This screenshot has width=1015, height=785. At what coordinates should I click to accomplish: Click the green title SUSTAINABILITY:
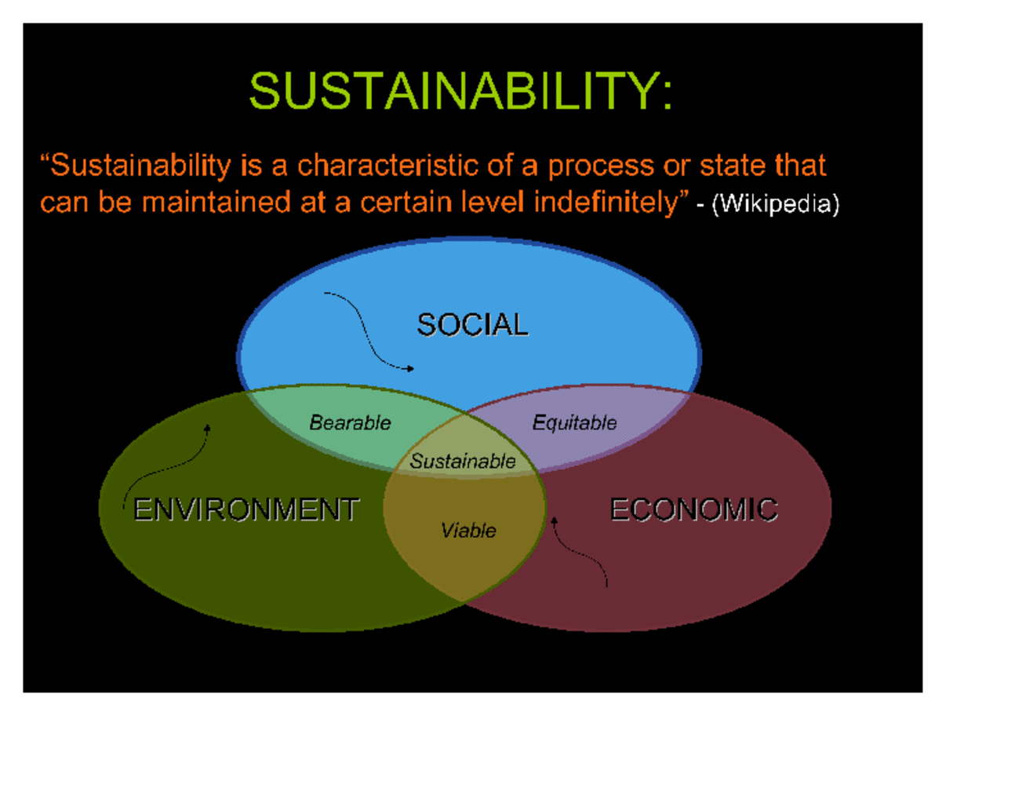tap(460, 91)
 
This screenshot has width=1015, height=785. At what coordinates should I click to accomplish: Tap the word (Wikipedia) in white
tap(776, 204)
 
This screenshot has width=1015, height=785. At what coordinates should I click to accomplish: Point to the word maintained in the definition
tap(216, 203)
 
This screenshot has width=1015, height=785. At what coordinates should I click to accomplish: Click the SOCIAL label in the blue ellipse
tap(472, 325)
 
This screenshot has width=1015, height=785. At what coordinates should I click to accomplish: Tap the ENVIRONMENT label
tap(246, 509)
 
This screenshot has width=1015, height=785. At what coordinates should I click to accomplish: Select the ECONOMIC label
tap(694, 509)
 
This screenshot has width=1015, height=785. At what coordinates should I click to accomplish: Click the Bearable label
tap(350, 422)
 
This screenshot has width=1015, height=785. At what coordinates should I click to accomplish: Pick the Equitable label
tap(574, 423)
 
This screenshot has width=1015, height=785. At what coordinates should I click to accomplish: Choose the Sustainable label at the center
tap(463, 462)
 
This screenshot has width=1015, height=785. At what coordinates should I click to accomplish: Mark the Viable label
tap(468, 531)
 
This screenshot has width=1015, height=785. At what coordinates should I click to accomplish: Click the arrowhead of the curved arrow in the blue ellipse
tap(410, 369)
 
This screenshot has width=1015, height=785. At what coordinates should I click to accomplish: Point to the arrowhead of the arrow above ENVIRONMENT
tap(208, 428)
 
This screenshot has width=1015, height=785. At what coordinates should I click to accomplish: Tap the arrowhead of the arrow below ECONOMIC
tap(555, 520)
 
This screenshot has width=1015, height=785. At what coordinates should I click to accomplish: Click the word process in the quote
tap(601, 166)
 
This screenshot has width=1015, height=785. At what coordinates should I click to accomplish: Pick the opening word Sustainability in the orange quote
tap(136, 166)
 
